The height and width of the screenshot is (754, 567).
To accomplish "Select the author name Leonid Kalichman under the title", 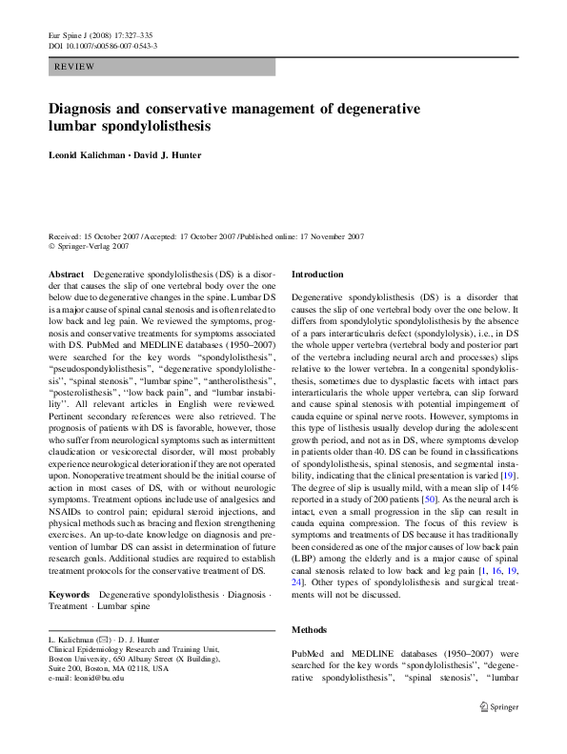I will coord(96,154).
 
